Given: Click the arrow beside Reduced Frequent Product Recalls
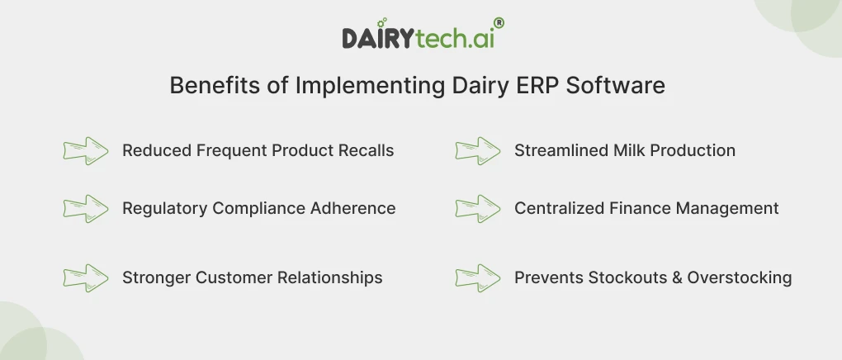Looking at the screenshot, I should coord(86,151).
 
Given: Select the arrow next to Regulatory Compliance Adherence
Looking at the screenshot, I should coord(86,208).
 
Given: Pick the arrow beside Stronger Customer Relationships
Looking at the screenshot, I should coord(86,277).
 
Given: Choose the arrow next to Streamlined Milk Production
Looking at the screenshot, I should coord(478,151).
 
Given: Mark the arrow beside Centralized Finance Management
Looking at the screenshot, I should coord(478,208).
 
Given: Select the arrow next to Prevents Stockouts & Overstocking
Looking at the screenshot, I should coord(478,277).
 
